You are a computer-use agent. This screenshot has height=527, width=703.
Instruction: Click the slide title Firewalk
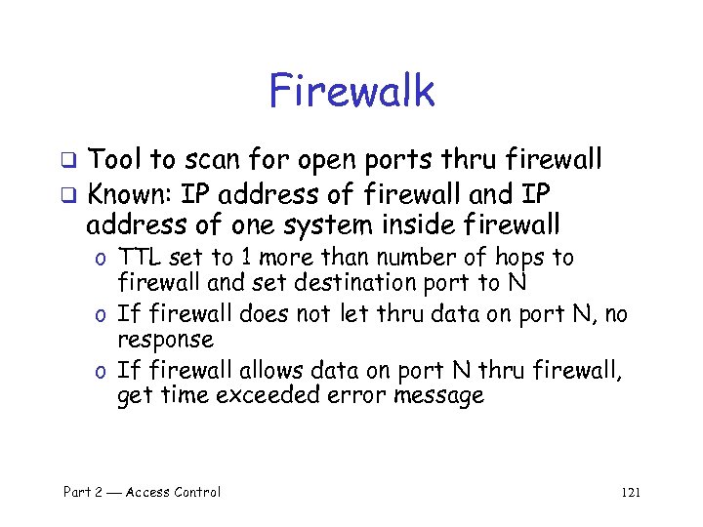coord(351,92)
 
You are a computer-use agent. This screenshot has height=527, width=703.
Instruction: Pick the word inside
coord(419,225)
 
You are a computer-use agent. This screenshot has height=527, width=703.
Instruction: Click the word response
coord(165,340)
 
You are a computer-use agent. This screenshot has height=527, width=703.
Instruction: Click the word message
coord(438,396)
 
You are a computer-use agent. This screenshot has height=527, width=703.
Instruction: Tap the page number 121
coord(630,493)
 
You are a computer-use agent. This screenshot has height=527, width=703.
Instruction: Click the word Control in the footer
coord(191,493)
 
